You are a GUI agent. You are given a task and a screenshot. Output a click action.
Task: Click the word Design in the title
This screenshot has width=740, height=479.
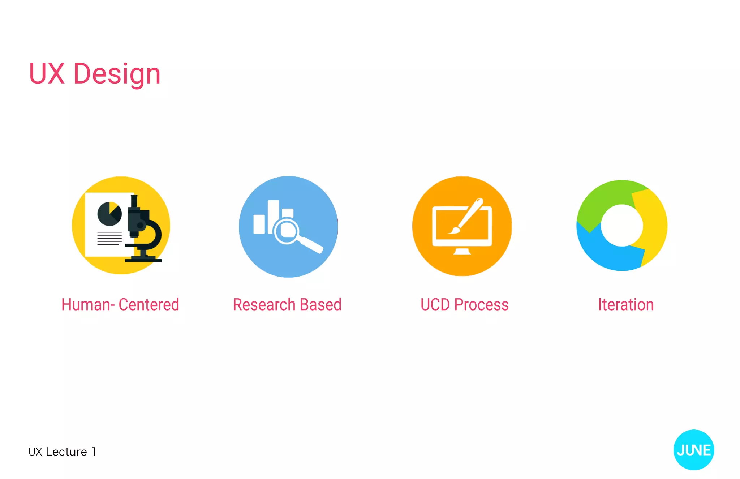point(117,74)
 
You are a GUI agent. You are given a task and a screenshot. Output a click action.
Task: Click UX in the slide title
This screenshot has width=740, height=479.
point(47,74)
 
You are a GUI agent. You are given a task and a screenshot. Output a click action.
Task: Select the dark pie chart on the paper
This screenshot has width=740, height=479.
point(109,214)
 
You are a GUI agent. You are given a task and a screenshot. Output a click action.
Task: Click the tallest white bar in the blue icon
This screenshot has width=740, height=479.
point(273,216)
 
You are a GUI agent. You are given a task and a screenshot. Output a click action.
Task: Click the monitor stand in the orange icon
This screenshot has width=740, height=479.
point(462,251)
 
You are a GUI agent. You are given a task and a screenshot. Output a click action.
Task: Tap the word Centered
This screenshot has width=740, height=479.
point(149,305)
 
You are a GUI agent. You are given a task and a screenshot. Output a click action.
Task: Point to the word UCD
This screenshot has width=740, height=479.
point(435,305)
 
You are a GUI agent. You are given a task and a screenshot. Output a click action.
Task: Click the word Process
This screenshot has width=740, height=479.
point(481,305)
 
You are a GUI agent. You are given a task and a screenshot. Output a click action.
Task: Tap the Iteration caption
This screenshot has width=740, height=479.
point(626,305)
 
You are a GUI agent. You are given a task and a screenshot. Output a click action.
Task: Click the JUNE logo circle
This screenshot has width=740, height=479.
point(693,450)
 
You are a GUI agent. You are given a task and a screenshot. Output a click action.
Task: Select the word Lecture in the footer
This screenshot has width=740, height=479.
point(66,452)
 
